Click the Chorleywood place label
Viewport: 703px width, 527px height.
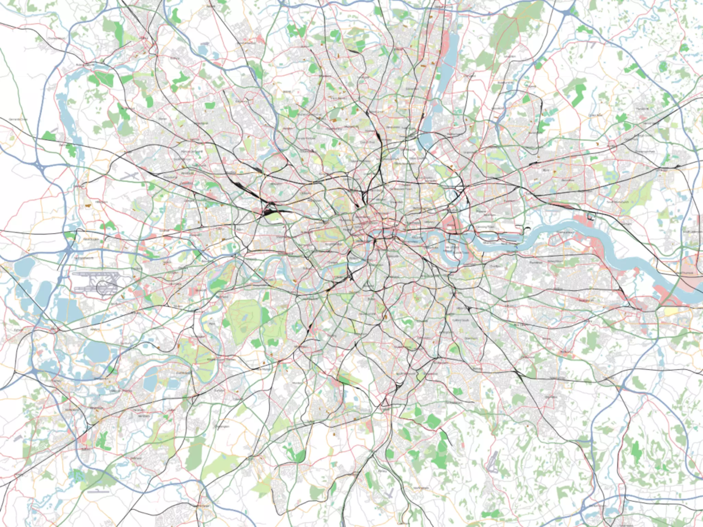point(56,38)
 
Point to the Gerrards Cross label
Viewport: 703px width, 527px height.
point(18,119)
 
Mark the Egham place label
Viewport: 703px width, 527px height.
point(18,330)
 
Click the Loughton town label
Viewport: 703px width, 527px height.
point(510,56)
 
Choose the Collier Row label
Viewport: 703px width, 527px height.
point(595,115)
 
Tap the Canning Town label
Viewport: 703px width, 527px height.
point(485,227)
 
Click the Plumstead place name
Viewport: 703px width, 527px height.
point(535,262)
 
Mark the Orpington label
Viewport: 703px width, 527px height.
point(551,397)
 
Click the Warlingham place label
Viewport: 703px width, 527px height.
point(421,488)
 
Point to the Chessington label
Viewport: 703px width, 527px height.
point(221,426)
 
